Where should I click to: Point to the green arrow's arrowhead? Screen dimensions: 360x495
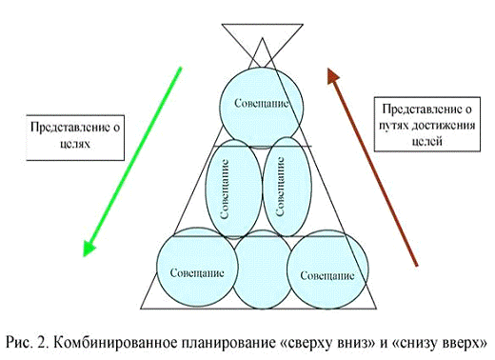coord(89,248)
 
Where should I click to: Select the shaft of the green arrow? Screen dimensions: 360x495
coord(133,157)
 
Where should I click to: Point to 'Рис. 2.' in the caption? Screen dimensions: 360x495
coord(30,340)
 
